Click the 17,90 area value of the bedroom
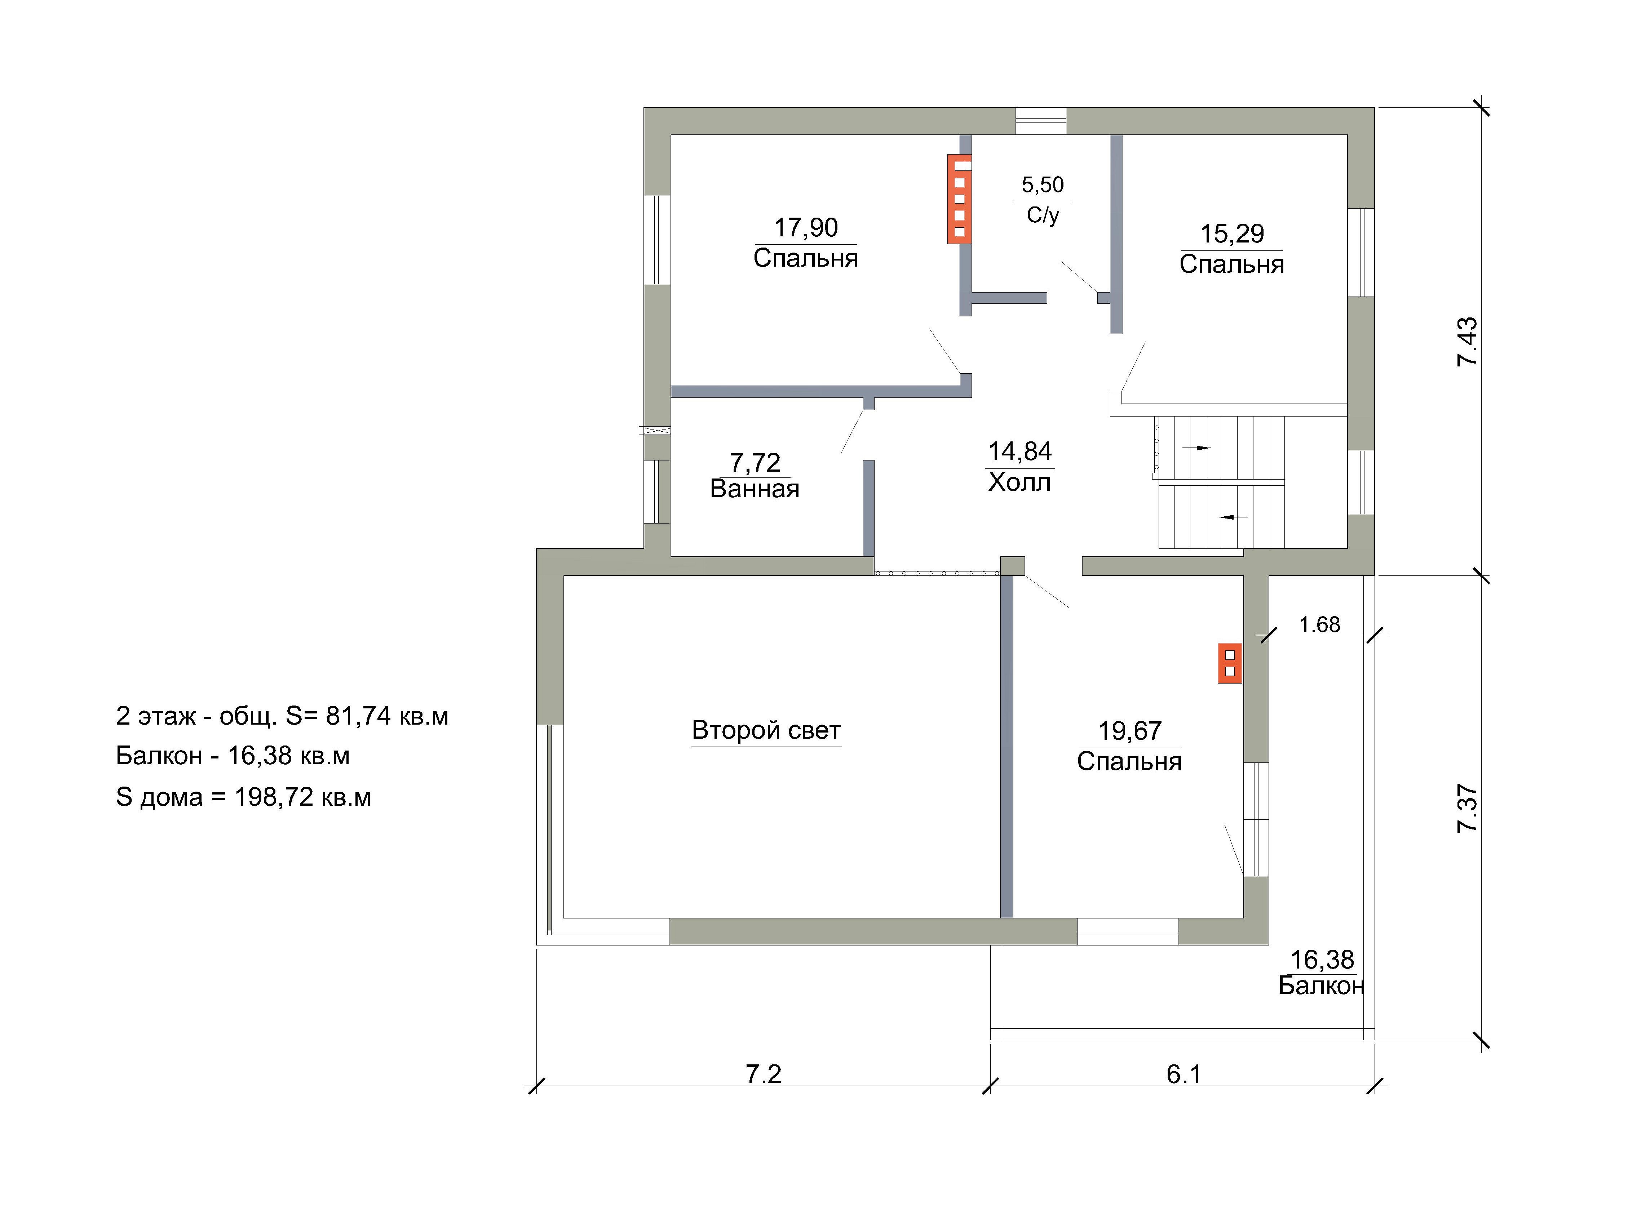[x=806, y=228]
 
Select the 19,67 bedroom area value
[x=1129, y=731]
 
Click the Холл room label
[x=1020, y=482]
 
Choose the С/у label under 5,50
[x=1043, y=215]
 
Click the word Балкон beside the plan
[x=1321, y=985]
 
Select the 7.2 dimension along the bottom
[x=764, y=1074]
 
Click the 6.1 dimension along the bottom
[x=1184, y=1074]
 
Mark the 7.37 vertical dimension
[x=1466, y=808]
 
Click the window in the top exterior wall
[x=1040, y=121]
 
